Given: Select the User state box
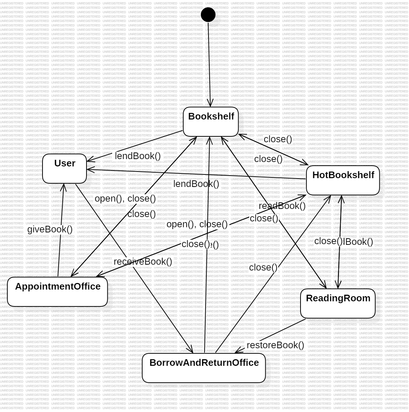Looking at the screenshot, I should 65,169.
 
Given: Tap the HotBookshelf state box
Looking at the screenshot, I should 343,180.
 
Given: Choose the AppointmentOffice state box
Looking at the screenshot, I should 58,292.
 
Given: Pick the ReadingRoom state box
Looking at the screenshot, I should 338,304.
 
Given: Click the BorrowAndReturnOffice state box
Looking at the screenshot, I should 204,368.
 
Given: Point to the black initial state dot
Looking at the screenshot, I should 209,15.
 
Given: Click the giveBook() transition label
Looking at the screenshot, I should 50,229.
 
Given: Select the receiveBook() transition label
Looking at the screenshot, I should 143,262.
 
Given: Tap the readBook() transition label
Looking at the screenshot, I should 282,206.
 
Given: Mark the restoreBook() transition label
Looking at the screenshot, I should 275,345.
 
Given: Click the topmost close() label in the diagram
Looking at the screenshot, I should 278,139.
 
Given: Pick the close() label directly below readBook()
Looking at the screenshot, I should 264,218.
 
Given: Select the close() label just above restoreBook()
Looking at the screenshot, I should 263,268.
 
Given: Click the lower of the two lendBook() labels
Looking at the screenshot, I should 196,184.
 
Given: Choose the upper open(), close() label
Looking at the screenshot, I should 125,199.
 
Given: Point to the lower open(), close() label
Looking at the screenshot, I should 197,224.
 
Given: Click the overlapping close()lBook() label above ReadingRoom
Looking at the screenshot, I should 344,241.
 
